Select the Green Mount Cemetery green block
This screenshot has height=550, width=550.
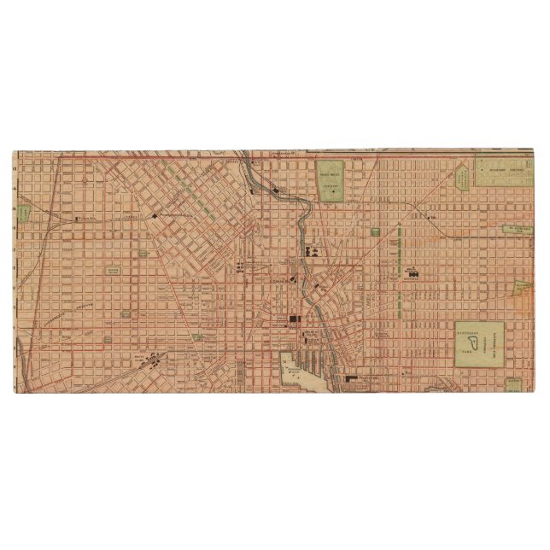330,180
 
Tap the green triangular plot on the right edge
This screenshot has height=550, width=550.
522,290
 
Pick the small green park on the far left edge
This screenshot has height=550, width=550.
23,210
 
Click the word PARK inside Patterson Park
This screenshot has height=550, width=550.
468,350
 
